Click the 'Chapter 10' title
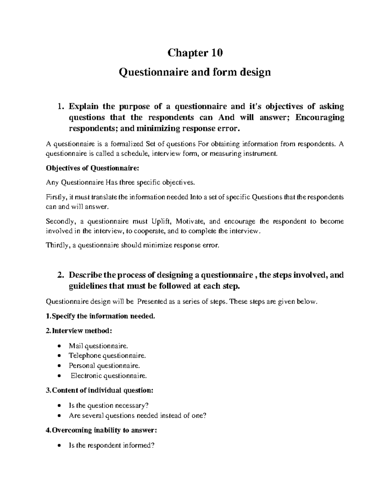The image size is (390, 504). tap(195, 53)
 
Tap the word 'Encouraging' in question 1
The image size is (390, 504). tap(319, 117)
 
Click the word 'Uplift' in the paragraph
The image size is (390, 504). tap(162, 222)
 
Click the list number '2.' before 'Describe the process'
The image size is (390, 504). tap(60, 275)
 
